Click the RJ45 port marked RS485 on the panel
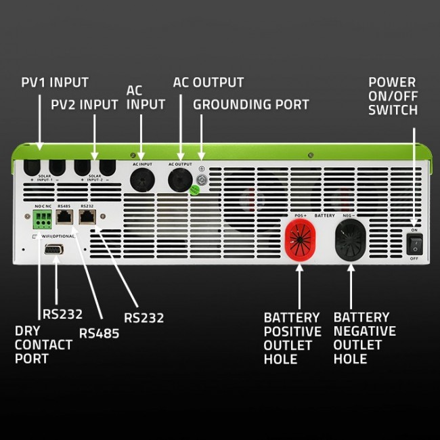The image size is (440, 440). coord(65,217)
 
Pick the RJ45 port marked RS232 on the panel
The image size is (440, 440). coord(87,217)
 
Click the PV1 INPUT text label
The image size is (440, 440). coord(54,83)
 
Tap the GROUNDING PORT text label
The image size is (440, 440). coord(250,105)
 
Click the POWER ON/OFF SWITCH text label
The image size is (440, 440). coord(393,96)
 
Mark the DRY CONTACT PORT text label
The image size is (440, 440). coord(43,345)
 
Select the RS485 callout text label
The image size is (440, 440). coord(100,332)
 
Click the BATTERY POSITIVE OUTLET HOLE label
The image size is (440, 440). coord(292,338)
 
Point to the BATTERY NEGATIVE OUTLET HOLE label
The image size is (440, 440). coord(364,338)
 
